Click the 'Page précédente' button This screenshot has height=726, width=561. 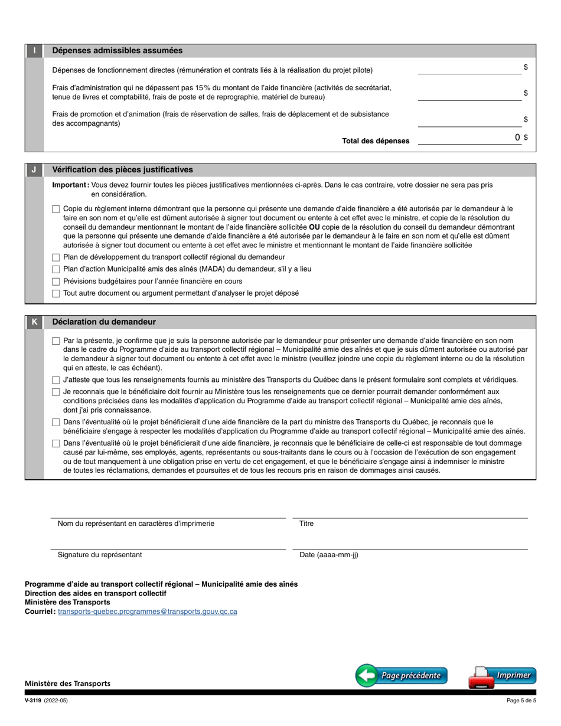[x=402, y=675]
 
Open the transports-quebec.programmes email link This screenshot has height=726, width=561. [x=148, y=611]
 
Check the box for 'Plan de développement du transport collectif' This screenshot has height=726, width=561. [x=56, y=257]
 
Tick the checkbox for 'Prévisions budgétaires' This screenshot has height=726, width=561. [x=56, y=282]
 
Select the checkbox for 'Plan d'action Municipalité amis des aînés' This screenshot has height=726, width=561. [x=56, y=269]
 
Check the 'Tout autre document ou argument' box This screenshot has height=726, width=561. [x=56, y=293]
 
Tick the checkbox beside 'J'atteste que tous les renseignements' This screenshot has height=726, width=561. [x=56, y=380]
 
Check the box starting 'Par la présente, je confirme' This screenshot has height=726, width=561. [x=56, y=341]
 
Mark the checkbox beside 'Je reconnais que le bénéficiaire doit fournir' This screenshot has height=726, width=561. [x=56, y=392]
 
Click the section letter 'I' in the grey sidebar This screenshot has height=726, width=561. [x=34, y=51]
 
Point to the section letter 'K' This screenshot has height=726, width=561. [x=34, y=322]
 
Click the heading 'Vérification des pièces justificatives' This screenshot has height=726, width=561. [x=122, y=169]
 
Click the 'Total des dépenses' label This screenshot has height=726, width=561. [x=376, y=141]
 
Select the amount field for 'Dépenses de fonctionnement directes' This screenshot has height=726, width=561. [x=469, y=68]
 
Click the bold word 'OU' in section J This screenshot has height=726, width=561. [x=314, y=227]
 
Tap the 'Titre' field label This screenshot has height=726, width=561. [x=306, y=524]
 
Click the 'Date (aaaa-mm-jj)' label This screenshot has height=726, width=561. [x=328, y=555]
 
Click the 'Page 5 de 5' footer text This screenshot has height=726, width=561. [x=521, y=701]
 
